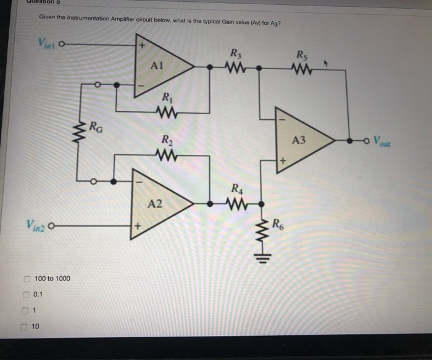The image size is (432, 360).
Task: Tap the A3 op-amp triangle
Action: click(x=301, y=141)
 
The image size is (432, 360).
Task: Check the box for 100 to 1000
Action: click(x=28, y=278)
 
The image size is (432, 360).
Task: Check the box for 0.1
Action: click(x=27, y=295)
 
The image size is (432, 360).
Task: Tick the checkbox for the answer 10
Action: click(x=25, y=326)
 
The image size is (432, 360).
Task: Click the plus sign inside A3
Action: click(x=284, y=161)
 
